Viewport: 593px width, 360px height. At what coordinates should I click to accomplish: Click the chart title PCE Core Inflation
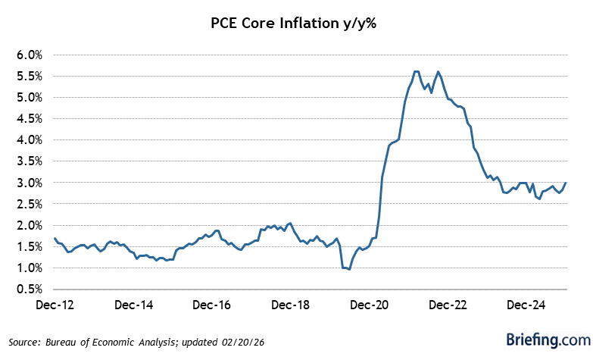coord(296,23)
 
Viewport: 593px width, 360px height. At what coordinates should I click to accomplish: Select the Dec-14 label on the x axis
coord(135,305)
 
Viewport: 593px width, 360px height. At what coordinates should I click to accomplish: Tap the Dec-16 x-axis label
coord(212,305)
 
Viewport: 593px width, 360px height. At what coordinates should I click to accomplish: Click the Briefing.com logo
coord(538,339)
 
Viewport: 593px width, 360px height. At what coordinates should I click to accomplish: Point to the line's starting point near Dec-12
coord(55,239)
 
